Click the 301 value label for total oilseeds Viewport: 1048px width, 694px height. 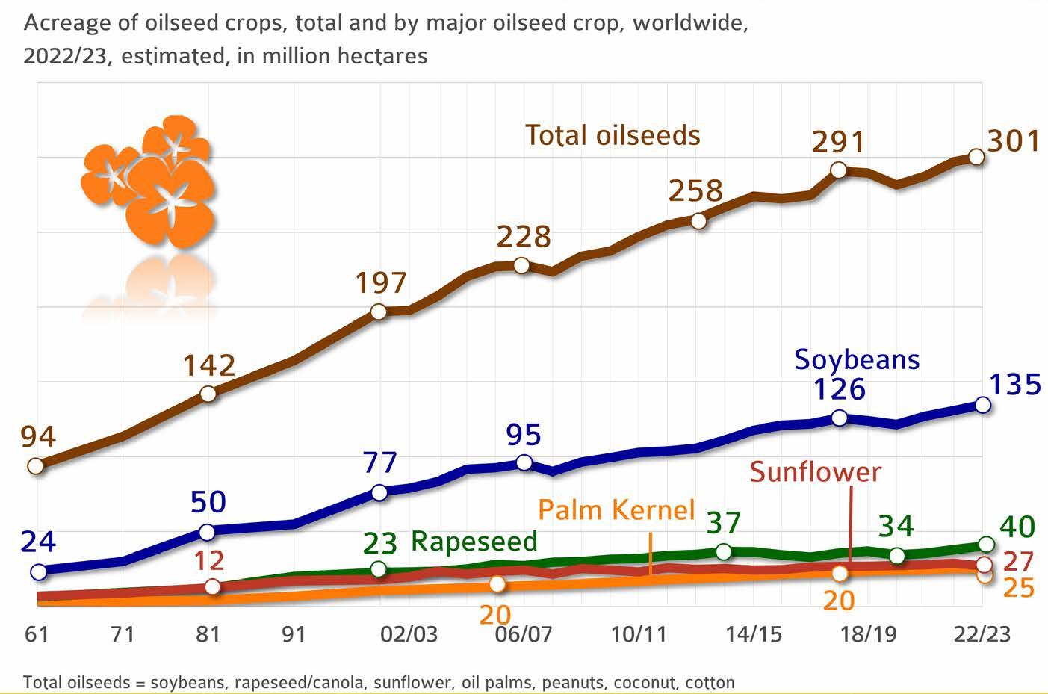[x=1014, y=140]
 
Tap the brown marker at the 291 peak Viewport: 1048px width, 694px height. [x=838, y=170]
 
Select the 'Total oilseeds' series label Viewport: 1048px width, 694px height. [x=613, y=135]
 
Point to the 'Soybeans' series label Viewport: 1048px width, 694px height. [x=857, y=359]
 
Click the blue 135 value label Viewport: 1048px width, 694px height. [x=1015, y=384]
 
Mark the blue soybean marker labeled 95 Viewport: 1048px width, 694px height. [x=524, y=463]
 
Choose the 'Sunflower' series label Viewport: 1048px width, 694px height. [x=816, y=471]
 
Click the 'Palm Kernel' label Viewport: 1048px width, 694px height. [x=617, y=509]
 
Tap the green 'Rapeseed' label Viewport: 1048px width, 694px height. [x=474, y=542]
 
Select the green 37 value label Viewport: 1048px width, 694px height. [x=723, y=523]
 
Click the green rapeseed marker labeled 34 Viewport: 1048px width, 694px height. [x=896, y=556]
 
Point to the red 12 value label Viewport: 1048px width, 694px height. [x=209, y=560]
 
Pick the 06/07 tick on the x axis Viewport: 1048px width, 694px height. [x=524, y=634]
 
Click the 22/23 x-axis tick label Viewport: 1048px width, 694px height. [x=982, y=634]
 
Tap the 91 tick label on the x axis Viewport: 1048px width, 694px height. [x=294, y=634]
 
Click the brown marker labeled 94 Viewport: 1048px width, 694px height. [x=36, y=466]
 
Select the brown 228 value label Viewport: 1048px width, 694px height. [x=524, y=237]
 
